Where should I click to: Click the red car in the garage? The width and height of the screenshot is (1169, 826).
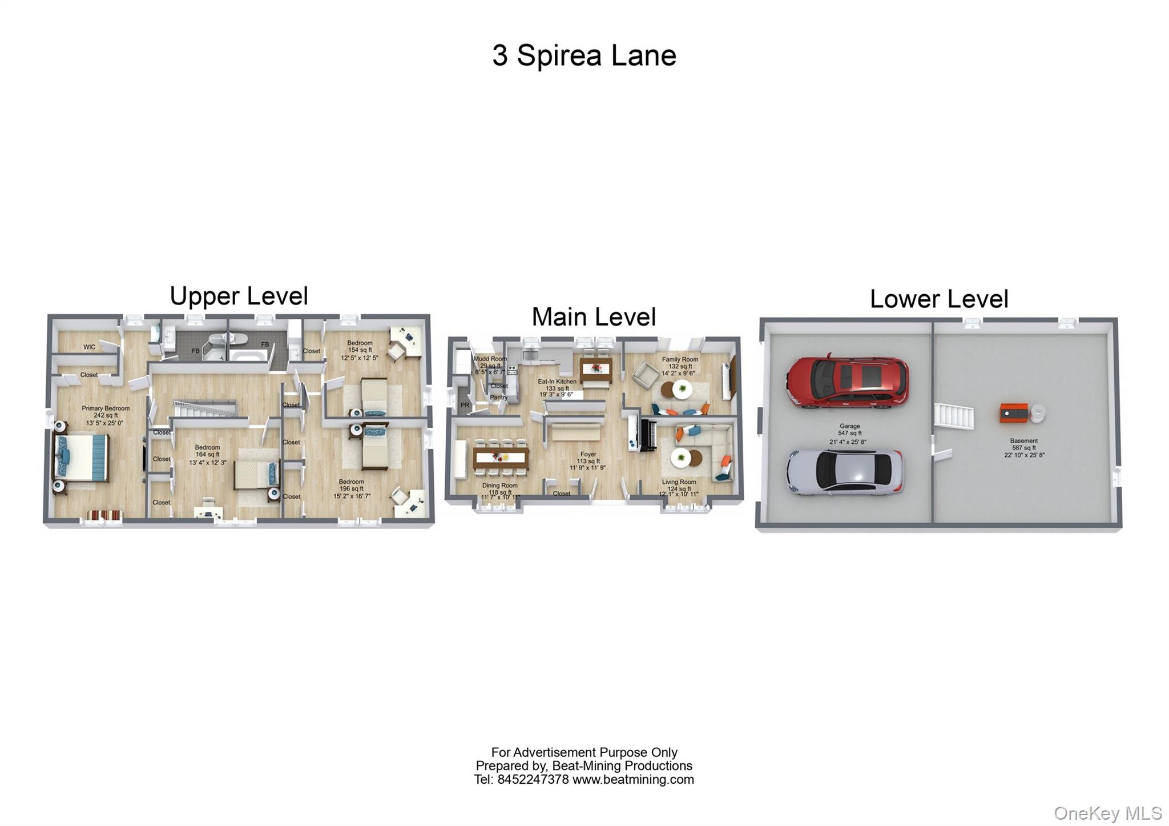click(x=847, y=382)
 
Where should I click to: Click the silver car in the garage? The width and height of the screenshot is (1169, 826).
click(x=845, y=471)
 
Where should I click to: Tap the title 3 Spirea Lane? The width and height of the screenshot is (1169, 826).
click(x=584, y=56)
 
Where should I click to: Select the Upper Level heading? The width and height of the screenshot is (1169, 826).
click(x=239, y=296)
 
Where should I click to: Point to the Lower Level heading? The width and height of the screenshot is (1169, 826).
click(x=939, y=299)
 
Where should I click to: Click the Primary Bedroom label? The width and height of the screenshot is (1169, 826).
click(x=106, y=408)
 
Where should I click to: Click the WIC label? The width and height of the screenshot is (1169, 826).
click(x=89, y=347)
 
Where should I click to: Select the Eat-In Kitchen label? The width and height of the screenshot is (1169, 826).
click(x=557, y=382)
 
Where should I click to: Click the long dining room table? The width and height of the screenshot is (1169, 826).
click(x=501, y=457)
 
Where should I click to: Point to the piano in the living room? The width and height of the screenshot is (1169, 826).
click(x=649, y=435)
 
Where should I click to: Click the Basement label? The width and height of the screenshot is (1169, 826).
click(x=1023, y=441)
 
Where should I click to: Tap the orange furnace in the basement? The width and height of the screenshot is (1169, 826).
click(x=1014, y=413)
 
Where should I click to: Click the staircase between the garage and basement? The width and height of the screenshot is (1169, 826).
click(x=954, y=416)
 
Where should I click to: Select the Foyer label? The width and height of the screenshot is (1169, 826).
click(x=588, y=455)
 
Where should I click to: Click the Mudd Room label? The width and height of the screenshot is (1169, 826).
click(x=490, y=359)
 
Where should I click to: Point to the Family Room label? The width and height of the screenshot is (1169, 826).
click(x=680, y=360)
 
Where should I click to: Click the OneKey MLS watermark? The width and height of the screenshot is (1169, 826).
click(x=1107, y=813)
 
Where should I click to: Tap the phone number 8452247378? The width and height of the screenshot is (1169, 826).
click(x=533, y=780)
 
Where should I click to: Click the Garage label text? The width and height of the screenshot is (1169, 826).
click(x=849, y=426)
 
